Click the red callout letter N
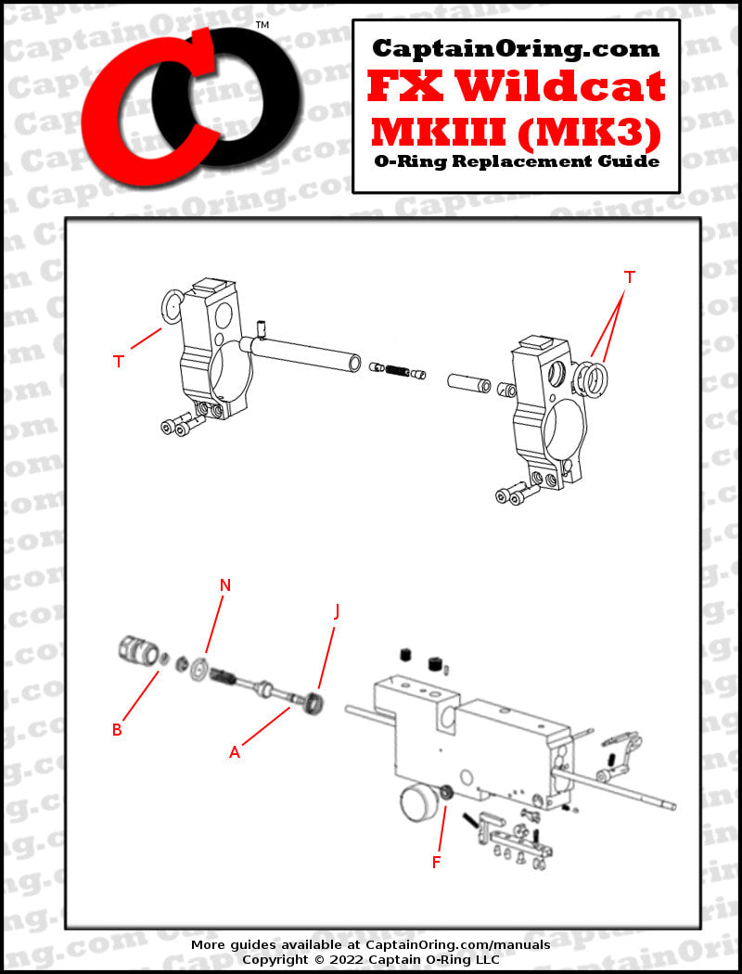(225, 584)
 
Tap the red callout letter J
(337, 612)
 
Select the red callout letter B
(117, 730)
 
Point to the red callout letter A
(234, 752)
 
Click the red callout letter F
(437, 862)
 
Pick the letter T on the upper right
(629, 277)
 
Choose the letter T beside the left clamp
(119, 361)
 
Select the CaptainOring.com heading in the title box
(516, 48)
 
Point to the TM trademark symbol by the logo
(262, 25)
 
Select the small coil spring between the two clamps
(395, 370)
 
